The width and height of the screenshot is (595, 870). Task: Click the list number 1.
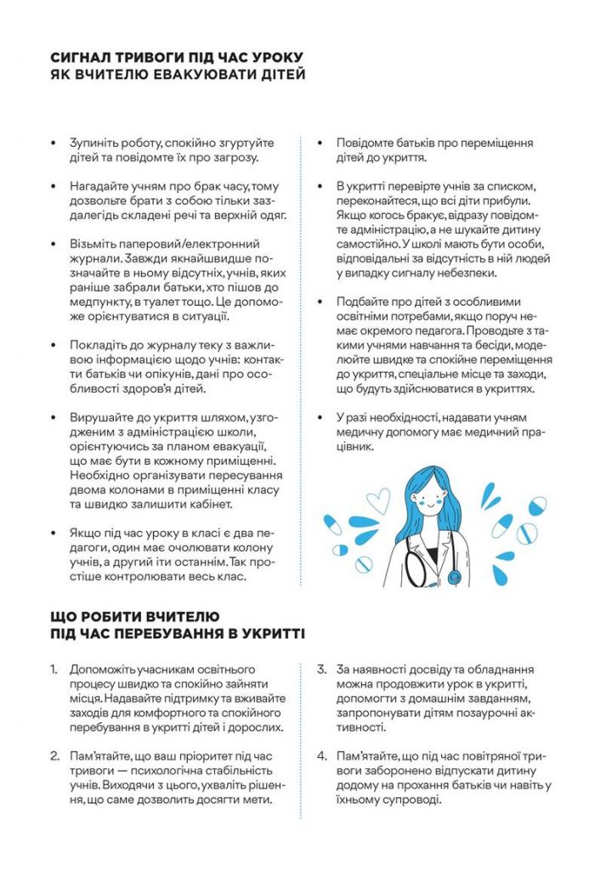coord(54,669)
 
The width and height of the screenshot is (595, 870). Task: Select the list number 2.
coord(54,755)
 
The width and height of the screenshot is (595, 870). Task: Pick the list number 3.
coord(322,669)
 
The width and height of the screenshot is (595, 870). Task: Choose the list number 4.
coord(322,755)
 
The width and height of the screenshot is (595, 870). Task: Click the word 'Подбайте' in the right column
coord(365,302)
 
